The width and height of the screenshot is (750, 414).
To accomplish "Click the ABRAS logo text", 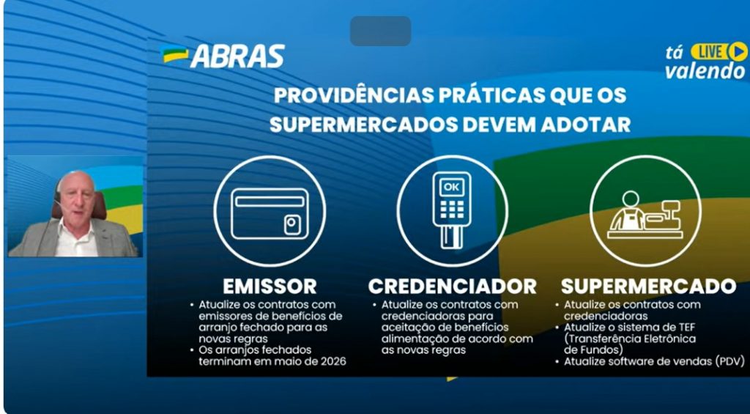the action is pyautogui.click(x=238, y=56).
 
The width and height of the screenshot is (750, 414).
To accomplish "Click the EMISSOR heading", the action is pyautogui.click(x=270, y=287).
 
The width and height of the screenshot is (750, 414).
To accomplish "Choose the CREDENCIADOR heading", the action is pyautogui.click(x=452, y=287).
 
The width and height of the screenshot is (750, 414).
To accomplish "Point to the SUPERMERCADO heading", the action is pyautogui.click(x=648, y=287).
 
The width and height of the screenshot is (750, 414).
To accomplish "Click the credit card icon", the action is pyautogui.click(x=270, y=213).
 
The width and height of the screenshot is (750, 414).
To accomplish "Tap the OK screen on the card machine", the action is pyautogui.click(x=451, y=188).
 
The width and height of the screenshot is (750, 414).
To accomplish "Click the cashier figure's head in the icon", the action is pyautogui.click(x=631, y=199).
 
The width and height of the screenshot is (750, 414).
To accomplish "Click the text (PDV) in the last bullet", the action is pyautogui.click(x=730, y=362).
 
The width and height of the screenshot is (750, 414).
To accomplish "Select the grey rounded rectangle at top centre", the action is pyautogui.click(x=381, y=31).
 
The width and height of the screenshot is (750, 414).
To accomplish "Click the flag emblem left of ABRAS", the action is pyautogui.click(x=174, y=54).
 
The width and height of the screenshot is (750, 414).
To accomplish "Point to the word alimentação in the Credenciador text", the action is pyautogui.click(x=412, y=339).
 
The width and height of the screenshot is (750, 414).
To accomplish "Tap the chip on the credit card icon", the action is pyautogui.click(x=292, y=224).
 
